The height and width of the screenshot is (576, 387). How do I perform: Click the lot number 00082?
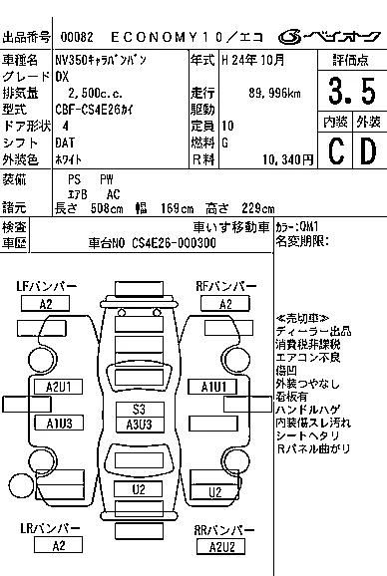point(77,37)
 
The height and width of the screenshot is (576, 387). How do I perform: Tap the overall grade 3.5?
point(352,91)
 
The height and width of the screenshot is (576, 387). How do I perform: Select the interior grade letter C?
point(336,150)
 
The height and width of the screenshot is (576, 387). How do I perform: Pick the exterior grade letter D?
point(368,150)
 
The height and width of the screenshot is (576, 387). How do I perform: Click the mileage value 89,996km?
point(274,93)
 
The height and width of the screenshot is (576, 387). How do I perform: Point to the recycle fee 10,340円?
point(288,159)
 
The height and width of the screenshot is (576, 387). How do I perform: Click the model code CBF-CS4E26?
point(88,110)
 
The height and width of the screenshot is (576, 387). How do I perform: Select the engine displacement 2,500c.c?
point(95,93)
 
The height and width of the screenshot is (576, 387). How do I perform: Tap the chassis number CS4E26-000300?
point(174,243)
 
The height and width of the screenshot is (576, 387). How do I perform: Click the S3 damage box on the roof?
point(140,410)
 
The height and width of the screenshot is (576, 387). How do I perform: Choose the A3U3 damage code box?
point(140,425)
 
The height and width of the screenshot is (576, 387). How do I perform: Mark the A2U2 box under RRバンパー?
point(221,547)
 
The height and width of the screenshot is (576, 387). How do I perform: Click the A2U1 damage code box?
point(59,387)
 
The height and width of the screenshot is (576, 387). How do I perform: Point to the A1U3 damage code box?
point(59,423)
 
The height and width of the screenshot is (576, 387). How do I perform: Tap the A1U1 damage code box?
point(212,387)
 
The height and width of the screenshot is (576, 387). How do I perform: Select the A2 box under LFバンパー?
point(46,304)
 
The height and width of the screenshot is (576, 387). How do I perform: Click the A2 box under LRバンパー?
point(58,545)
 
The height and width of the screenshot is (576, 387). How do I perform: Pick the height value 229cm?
point(258,208)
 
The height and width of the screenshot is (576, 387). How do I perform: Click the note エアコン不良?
point(308,358)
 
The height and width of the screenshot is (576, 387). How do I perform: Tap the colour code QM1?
point(309,226)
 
